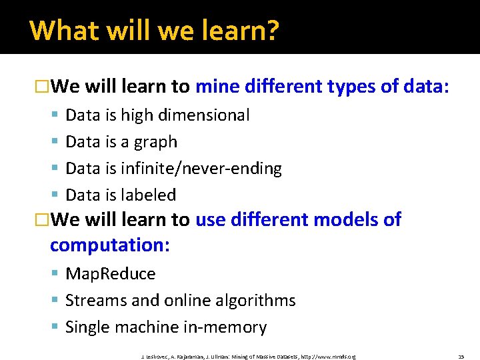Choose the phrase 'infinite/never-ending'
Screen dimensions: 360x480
[x=201, y=169]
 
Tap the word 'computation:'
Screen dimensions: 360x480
[x=110, y=245]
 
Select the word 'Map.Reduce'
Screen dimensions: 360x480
[x=110, y=274]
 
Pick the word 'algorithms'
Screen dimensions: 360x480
[x=256, y=301]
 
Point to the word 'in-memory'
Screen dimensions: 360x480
[x=227, y=327]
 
